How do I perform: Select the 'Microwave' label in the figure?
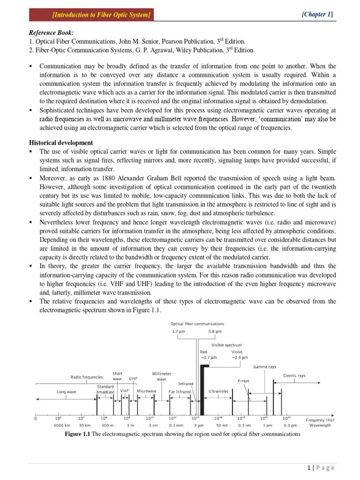pos(147,390)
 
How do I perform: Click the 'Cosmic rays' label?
pos(294,375)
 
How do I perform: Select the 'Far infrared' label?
pos(180,391)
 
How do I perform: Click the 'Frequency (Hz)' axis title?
pos(321,420)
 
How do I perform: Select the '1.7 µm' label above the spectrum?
pos(176,332)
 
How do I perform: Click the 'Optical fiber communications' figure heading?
pos(197,323)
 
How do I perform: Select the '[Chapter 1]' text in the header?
pos(317,15)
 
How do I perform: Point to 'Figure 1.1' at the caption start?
pos(79,434)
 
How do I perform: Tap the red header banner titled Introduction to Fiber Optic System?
pos(91,15)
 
